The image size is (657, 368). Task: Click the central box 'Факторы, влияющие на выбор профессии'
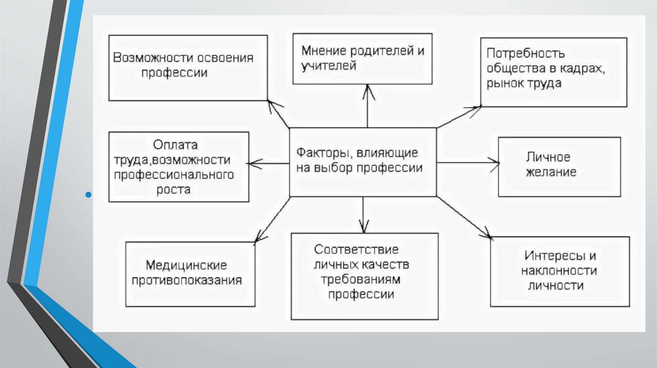363,162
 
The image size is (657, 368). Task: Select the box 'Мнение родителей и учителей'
363,59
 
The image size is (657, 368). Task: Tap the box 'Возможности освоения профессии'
188,68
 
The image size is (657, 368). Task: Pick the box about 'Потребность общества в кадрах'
554,71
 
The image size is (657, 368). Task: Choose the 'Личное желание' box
559,166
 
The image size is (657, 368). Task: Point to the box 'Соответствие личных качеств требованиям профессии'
364,276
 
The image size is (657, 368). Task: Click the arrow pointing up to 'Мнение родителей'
367,106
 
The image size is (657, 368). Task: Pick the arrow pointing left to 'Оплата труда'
268,164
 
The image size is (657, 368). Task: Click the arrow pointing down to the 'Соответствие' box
363,214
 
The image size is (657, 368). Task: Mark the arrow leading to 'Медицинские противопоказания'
272,219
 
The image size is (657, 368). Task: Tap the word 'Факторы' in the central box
320,154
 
